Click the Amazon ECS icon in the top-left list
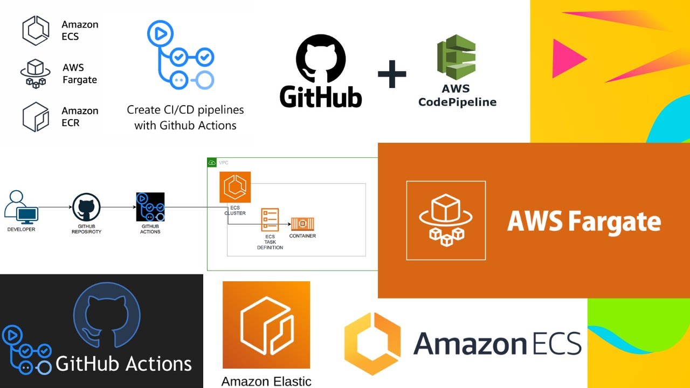click(x=36, y=30)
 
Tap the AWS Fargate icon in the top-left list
click(x=35, y=74)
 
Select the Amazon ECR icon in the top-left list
click(x=36, y=116)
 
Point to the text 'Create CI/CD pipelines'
click(x=185, y=110)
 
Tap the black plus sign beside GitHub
click(x=392, y=73)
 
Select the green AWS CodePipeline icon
click(x=456, y=57)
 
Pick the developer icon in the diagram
click(x=20, y=207)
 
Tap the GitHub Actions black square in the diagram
click(x=150, y=206)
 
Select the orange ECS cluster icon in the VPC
click(x=235, y=188)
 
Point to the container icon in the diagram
click(x=302, y=224)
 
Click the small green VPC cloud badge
click(x=212, y=162)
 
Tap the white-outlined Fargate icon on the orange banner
click(x=446, y=220)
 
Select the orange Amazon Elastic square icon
click(x=266, y=324)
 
